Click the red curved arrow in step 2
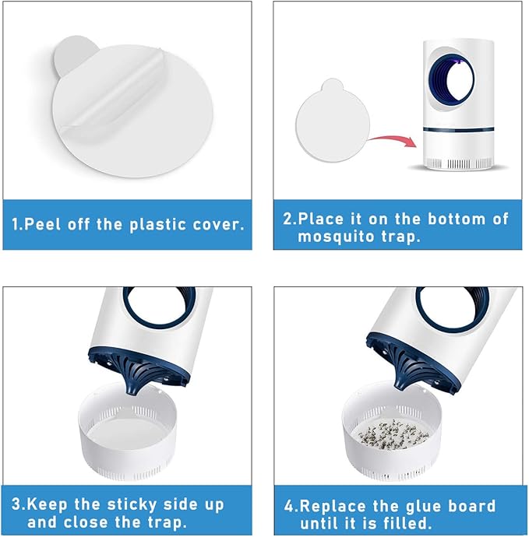point(393,139)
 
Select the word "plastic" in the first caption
point(157,226)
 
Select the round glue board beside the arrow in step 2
point(333,121)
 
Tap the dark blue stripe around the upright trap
point(458,129)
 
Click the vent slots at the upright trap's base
point(458,163)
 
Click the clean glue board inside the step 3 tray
point(128,433)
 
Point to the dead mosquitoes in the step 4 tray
point(393,434)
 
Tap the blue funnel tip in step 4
point(401,383)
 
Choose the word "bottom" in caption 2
point(457,219)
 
